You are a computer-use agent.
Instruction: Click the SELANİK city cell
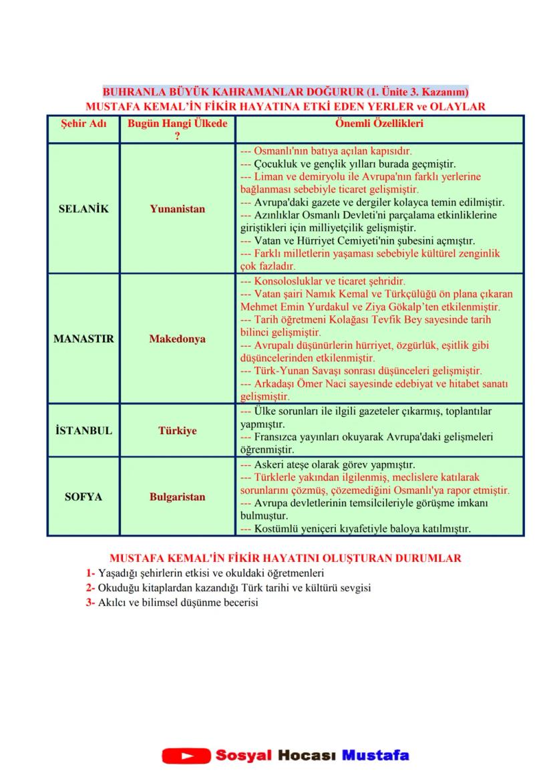point(83,208)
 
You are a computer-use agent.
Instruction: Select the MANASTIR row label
point(83,339)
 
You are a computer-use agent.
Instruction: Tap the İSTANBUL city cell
point(83,431)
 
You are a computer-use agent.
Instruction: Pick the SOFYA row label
point(83,497)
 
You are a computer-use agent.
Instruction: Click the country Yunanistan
point(177,208)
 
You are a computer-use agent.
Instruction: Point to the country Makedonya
point(177,339)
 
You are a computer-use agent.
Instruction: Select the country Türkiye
point(177,431)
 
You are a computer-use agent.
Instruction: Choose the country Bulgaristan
point(177,497)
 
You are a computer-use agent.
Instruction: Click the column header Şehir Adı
point(83,124)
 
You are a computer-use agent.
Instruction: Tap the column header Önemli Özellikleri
point(379,124)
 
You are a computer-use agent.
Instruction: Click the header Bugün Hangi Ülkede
point(177,124)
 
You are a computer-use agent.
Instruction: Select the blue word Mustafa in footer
point(375,756)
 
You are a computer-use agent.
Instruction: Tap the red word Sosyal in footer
point(243,756)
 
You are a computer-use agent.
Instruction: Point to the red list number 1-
point(90,573)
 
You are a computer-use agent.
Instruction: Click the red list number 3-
point(90,602)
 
